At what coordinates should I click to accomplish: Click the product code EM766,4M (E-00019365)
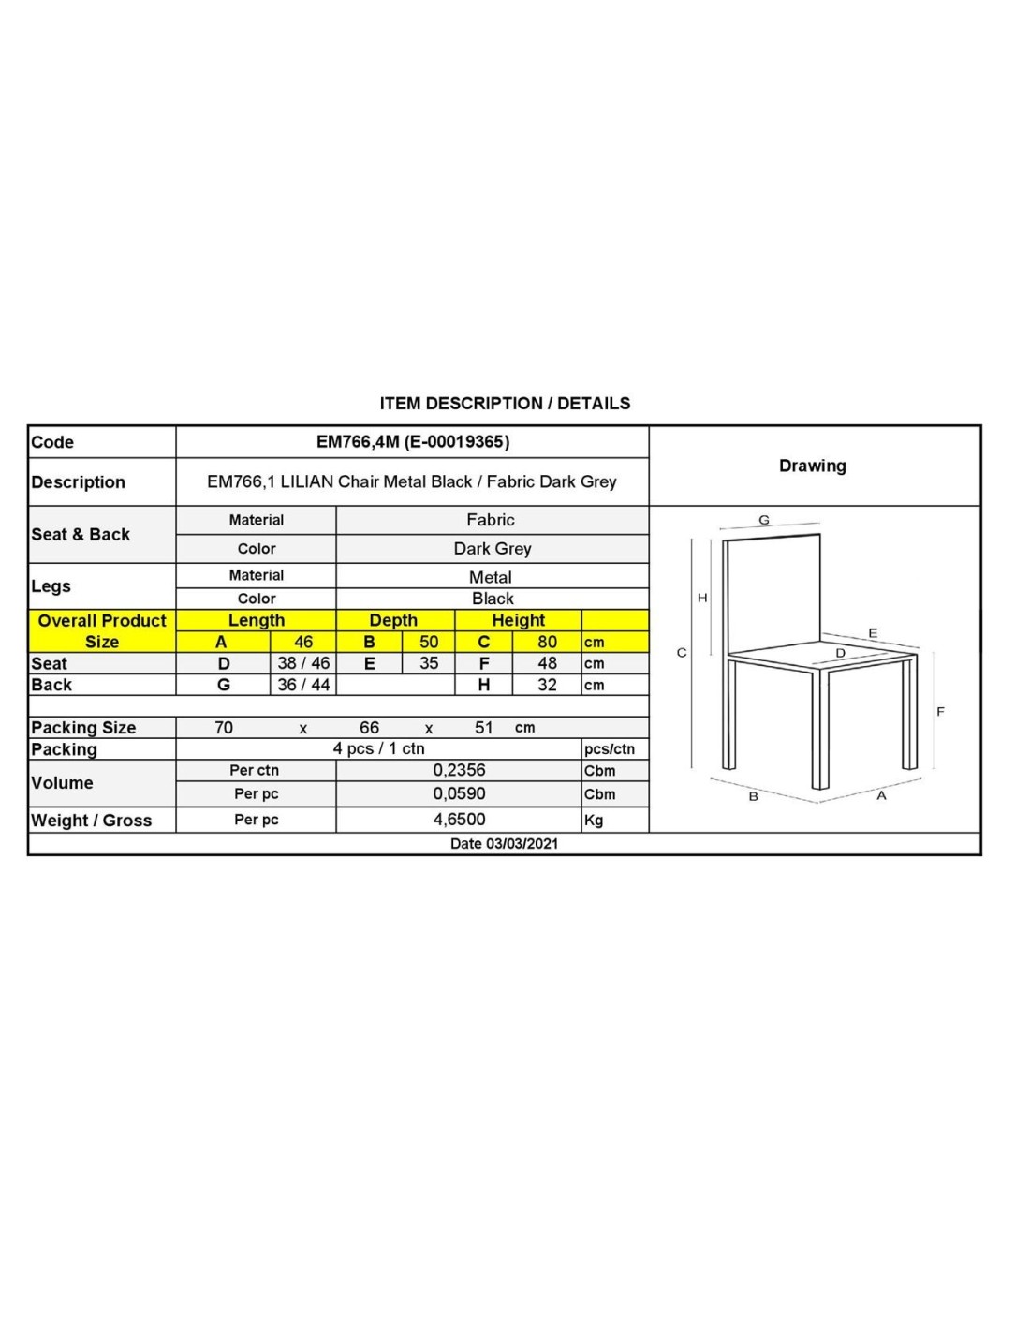[x=412, y=442]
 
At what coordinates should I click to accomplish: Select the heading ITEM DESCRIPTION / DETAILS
[x=505, y=404]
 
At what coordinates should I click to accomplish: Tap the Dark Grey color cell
[x=492, y=549]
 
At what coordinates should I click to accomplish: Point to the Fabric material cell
[x=491, y=520]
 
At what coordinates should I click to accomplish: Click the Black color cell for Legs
[x=492, y=599]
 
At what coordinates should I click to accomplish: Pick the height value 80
[x=547, y=642]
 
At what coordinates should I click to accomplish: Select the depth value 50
[x=429, y=642]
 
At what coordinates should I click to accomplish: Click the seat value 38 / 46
[x=303, y=663]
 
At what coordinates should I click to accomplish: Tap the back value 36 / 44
[x=303, y=685]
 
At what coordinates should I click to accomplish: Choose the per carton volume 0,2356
[x=459, y=770]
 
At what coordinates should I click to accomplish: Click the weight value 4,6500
[x=459, y=820]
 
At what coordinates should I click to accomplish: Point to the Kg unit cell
[x=594, y=821]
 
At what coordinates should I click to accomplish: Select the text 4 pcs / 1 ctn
[x=378, y=748]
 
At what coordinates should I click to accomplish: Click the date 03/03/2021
[x=504, y=844]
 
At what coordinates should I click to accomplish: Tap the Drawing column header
[x=813, y=466]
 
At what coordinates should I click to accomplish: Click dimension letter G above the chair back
[x=764, y=520]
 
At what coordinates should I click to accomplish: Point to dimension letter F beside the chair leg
[x=940, y=712]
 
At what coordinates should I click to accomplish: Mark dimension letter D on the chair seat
[x=840, y=653]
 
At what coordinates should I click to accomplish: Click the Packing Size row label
[x=83, y=728]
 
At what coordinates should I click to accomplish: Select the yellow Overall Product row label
[x=102, y=621]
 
